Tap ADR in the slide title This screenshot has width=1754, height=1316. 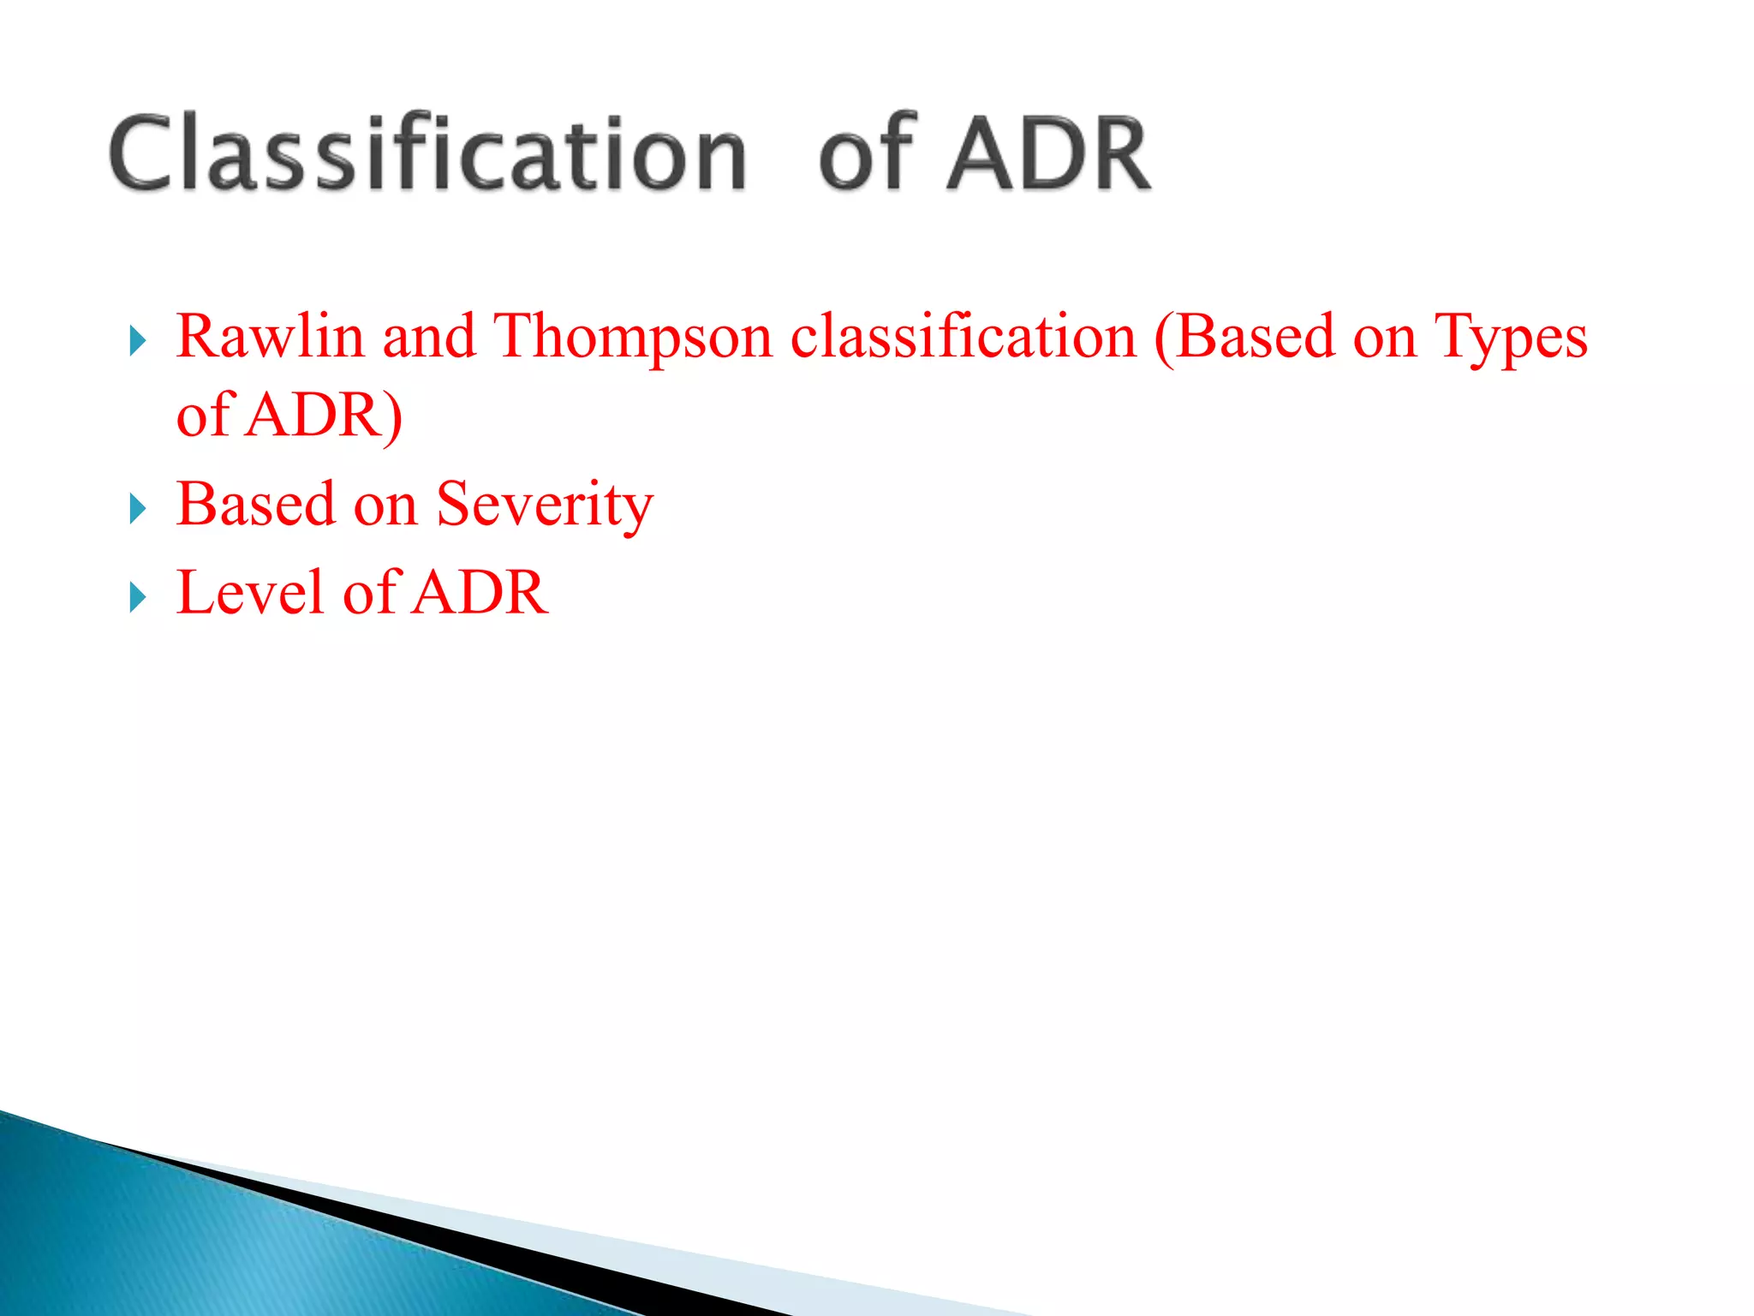coord(1048,154)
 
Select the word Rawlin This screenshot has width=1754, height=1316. coord(270,336)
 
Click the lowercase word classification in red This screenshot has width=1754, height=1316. coord(963,336)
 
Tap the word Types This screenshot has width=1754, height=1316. coord(1511,338)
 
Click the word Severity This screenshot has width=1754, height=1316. coord(545,505)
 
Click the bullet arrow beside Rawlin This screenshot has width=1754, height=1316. coord(138,341)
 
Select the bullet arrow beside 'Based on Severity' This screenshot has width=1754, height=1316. coord(138,509)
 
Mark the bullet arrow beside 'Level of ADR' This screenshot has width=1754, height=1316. coord(138,597)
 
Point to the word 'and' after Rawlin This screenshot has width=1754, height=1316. coord(428,336)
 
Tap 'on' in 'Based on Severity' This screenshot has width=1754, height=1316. coord(385,505)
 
